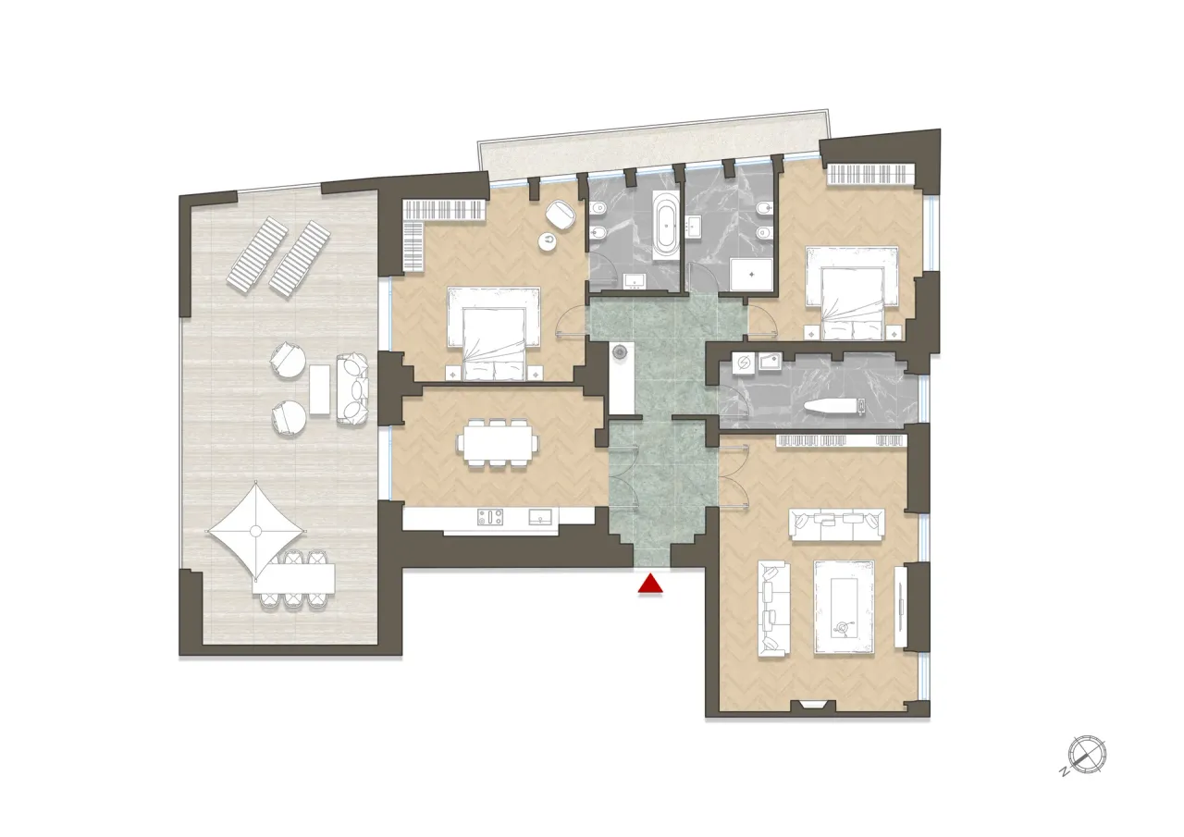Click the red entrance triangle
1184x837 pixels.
(652, 585)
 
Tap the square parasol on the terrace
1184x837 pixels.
(256, 530)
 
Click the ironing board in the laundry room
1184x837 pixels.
(834, 405)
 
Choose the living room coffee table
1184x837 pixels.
(844, 607)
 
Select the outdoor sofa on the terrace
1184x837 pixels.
(351, 389)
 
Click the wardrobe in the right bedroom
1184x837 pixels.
(870, 174)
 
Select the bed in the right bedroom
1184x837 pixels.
(851, 291)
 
